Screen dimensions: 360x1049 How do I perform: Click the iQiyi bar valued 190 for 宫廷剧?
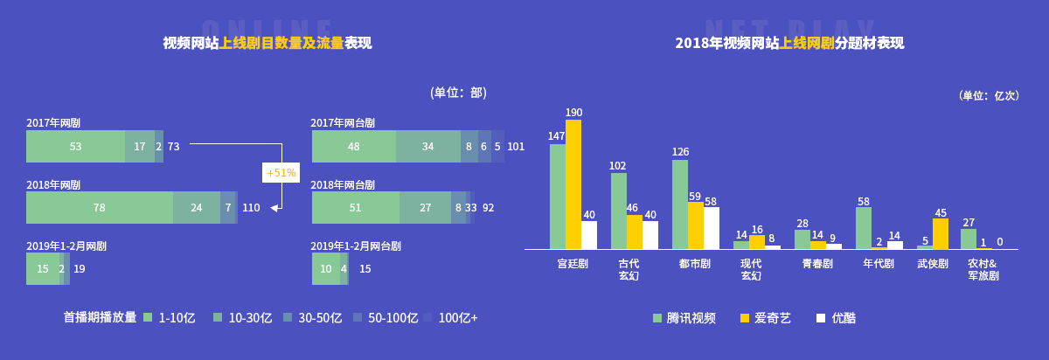click(573, 184)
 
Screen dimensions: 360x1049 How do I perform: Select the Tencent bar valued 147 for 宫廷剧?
click(558, 197)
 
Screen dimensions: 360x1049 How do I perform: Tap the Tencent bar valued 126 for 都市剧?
click(680, 204)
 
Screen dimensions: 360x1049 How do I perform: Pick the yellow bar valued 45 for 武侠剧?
click(941, 233)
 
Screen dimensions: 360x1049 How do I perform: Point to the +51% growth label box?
click(281, 173)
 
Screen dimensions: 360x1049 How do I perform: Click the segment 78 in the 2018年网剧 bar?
click(100, 208)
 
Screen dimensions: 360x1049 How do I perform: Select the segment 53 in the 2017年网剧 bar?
click(75, 147)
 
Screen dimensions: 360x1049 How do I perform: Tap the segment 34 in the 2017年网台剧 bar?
click(427, 147)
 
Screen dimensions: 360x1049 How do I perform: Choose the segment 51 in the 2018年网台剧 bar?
click(355, 208)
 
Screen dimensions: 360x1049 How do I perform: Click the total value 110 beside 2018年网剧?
click(251, 208)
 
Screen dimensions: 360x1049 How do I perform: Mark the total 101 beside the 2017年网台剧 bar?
click(516, 147)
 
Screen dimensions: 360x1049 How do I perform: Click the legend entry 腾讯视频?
click(684, 318)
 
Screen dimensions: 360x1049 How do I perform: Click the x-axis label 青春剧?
click(817, 264)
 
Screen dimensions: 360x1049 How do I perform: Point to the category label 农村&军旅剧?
click(983, 269)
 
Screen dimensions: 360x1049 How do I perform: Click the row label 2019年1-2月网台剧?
click(356, 246)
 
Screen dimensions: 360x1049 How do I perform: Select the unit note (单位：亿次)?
click(989, 96)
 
